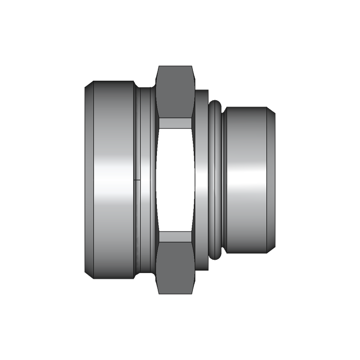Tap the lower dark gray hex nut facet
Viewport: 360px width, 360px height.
pos(176,267)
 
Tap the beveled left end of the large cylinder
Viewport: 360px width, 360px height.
pos(88,180)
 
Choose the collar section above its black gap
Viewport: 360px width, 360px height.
pos(202,134)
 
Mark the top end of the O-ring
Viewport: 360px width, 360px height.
pos(216,103)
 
